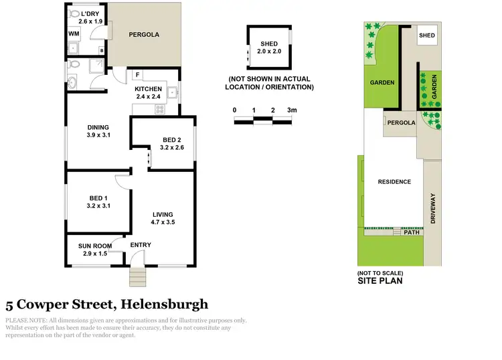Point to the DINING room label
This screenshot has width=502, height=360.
(98, 127)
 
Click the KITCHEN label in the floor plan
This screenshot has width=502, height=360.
(148, 89)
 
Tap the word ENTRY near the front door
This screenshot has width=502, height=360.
(141, 245)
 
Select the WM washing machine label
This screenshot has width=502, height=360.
(73, 33)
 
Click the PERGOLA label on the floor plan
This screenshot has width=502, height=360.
(143, 33)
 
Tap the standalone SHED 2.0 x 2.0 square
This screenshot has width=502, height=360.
(268, 48)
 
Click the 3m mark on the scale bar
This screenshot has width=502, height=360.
(290, 110)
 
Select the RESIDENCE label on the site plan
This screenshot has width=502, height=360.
(394, 181)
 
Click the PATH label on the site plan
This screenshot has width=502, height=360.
(412, 232)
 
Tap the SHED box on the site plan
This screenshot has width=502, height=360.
(426, 35)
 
